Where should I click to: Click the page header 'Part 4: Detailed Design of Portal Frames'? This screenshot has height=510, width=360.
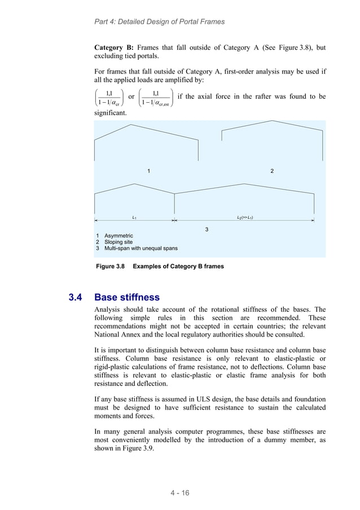159,21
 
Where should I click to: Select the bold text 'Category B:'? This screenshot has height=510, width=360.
113,48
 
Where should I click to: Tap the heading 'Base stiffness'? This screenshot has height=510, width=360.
127,297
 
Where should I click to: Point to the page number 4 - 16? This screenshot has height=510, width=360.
180,493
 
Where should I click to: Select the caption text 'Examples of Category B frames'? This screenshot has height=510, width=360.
178,266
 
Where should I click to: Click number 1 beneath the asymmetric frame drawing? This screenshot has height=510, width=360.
148,171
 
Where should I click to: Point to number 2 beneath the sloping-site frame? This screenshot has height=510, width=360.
272,171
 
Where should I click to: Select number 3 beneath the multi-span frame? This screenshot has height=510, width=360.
207,229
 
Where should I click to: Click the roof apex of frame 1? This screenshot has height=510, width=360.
132,125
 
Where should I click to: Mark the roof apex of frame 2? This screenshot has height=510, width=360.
273,121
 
